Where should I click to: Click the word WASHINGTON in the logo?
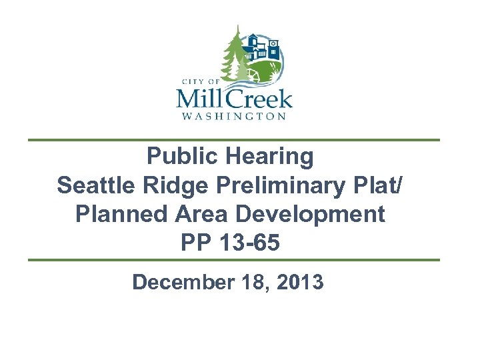tap(233, 116)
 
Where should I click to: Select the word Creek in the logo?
tap(262, 99)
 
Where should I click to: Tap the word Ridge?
tap(175, 185)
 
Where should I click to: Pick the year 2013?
tap(298, 282)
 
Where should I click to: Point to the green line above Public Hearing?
tap(233, 140)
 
